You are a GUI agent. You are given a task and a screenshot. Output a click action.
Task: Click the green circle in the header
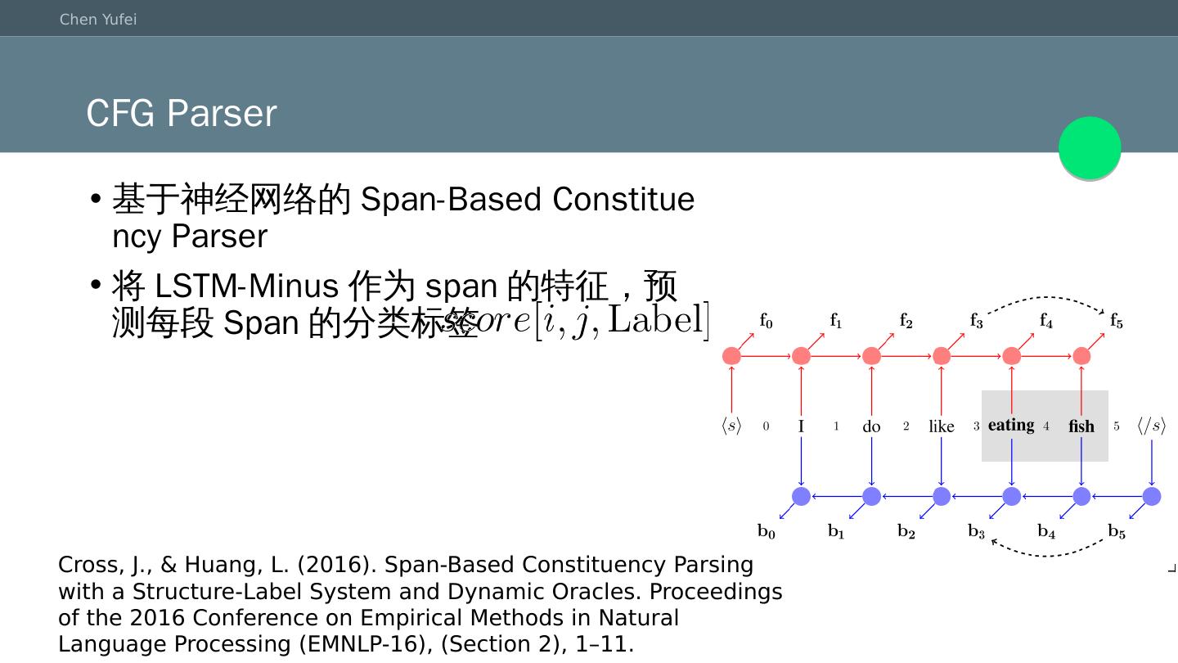(1090, 148)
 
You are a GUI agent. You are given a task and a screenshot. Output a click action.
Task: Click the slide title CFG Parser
(182, 113)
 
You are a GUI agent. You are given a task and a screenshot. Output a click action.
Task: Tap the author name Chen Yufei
(98, 19)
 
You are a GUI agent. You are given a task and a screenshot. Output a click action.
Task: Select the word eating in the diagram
(1011, 425)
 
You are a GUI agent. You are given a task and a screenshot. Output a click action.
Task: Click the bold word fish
(1081, 426)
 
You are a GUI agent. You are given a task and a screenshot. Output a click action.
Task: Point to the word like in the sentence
(942, 426)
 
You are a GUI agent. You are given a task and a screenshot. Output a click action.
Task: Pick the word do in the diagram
(871, 426)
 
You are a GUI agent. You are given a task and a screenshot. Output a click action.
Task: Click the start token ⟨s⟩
(731, 426)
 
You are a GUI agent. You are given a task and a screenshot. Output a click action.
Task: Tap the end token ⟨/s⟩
(1151, 426)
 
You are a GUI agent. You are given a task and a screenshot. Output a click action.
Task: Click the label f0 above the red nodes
(766, 321)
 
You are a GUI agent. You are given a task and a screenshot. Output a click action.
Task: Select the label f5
(1116, 321)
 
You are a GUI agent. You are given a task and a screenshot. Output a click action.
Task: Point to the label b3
(976, 532)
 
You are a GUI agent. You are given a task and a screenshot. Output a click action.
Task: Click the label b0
(766, 532)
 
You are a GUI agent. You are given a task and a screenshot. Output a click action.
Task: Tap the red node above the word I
(802, 356)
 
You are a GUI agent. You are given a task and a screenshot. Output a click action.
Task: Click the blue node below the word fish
(1081, 496)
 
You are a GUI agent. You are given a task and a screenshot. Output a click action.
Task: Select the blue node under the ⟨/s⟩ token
(1152, 496)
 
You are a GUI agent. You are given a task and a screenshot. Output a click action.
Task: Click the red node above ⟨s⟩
(731, 356)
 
